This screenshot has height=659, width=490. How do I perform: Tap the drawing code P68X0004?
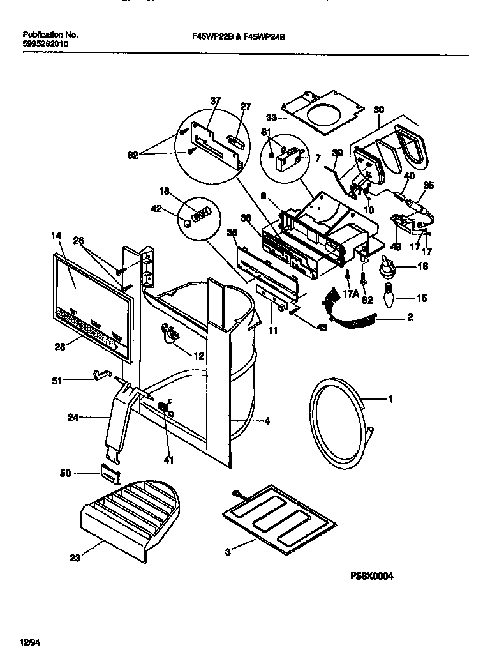371,575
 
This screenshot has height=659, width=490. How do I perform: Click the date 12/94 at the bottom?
30,640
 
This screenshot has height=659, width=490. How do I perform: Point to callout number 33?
272,117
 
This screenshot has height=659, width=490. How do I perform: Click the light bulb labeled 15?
388,298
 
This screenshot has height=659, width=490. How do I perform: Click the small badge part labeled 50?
109,475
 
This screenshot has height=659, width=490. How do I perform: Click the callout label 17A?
334,294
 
